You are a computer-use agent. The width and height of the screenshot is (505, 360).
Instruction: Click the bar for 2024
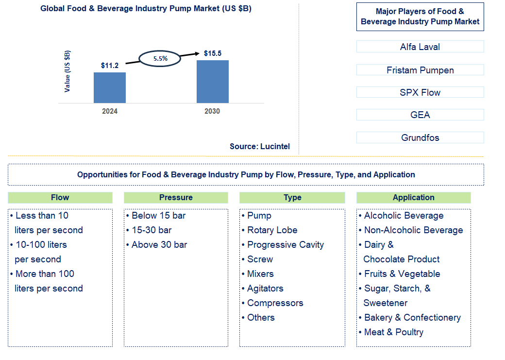[110, 87]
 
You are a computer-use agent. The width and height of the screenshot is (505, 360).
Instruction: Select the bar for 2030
[212, 81]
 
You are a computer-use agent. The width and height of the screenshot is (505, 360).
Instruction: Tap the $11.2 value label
[110, 65]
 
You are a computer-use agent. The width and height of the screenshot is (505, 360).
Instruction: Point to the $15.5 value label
[212, 53]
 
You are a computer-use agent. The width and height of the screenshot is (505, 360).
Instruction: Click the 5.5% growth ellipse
[160, 58]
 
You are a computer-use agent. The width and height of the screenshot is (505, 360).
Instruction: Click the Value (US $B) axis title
[67, 71]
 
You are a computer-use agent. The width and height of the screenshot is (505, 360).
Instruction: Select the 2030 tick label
[212, 111]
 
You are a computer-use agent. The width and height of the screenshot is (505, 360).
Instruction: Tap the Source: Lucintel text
[260, 146]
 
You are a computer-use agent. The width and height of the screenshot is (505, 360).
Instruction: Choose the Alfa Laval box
[420, 47]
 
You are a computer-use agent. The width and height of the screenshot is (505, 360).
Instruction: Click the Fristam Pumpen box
[420, 70]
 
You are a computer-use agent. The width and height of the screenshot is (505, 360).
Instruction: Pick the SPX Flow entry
[420, 92]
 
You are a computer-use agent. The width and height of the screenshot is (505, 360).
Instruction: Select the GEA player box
[420, 115]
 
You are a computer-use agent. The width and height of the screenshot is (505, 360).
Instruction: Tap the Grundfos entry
[420, 137]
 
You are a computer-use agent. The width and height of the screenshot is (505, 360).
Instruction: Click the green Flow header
[60, 197]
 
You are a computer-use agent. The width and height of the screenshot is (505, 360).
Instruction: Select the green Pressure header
[176, 197]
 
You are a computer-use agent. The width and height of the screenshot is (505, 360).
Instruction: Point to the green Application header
[413, 197]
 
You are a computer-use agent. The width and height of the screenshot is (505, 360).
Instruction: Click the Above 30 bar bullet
[159, 245]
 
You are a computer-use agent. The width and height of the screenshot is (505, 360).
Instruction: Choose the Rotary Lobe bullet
[272, 230]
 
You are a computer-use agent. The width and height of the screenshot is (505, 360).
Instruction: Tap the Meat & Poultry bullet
[393, 332]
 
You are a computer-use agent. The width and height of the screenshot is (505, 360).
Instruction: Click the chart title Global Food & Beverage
[146, 9]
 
